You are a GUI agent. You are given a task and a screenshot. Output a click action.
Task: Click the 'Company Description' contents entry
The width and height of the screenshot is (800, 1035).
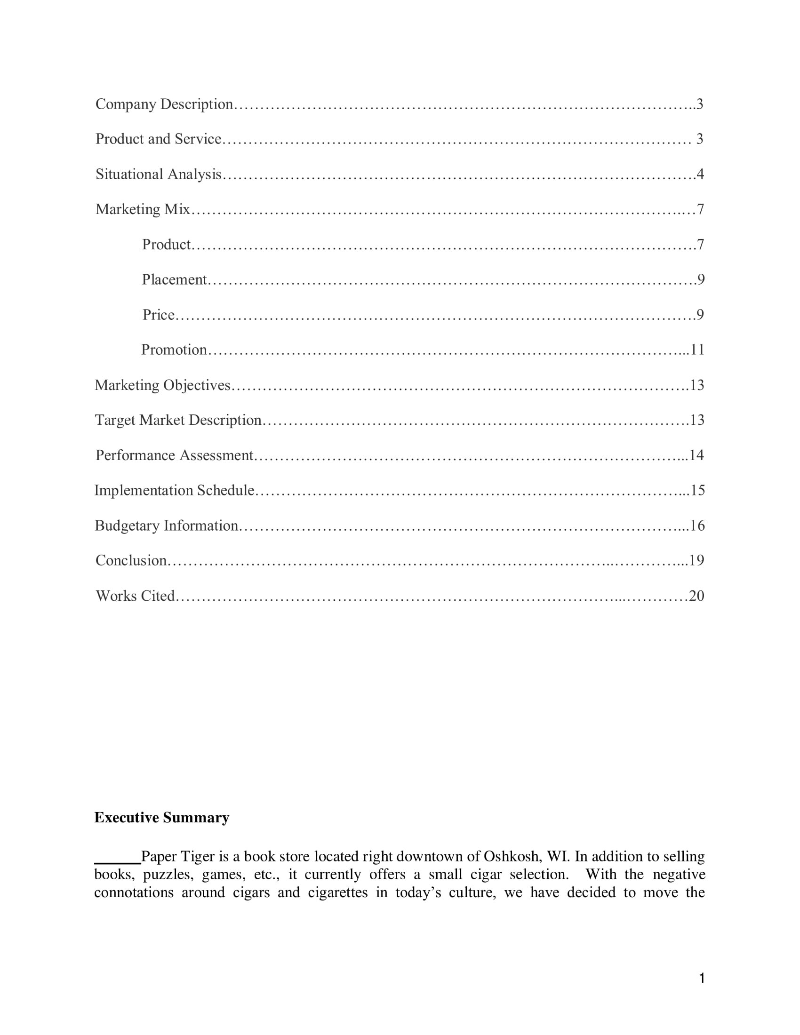pyautogui.click(x=164, y=104)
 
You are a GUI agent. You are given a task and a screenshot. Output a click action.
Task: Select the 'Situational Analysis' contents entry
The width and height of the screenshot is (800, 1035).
pyautogui.click(x=158, y=175)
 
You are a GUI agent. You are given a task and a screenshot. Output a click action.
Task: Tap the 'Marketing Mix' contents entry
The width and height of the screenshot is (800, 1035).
pyautogui.click(x=143, y=209)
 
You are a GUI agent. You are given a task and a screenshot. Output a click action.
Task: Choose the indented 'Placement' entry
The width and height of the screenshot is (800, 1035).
pyautogui.click(x=175, y=279)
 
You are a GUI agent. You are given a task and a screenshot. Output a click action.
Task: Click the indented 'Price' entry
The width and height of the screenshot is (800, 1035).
pyautogui.click(x=159, y=315)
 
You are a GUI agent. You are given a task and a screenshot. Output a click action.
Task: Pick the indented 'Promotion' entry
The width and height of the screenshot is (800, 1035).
pyautogui.click(x=174, y=350)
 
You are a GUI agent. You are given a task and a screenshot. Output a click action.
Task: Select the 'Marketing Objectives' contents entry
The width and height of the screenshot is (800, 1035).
pyautogui.click(x=162, y=385)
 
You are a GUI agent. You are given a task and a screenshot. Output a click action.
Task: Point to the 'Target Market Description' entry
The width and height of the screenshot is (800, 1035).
pyautogui.click(x=178, y=420)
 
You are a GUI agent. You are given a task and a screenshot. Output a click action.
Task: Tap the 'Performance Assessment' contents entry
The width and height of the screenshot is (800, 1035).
pyautogui.click(x=175, y=455)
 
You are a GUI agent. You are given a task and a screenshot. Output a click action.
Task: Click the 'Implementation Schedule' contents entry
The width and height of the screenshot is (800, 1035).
pyautogui.click(x=175, y=491)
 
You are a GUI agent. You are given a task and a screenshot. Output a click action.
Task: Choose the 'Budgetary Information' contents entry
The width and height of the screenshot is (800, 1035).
pyautogui.click(x=166, y=525)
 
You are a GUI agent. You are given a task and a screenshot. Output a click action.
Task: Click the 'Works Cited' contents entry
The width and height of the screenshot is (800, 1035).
pyautogui.click(x=136, y=596)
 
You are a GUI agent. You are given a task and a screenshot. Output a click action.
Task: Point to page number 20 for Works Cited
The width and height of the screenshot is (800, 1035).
pyautogui.click(x=696, y=596)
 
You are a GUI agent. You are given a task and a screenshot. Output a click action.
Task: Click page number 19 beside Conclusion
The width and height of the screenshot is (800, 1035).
pyautogui.click(x=696, y=561)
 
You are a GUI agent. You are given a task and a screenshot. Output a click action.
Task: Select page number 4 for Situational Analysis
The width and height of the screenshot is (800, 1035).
pyautogui.click(x=700, y=175)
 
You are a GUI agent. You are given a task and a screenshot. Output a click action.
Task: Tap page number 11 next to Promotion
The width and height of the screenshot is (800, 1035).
pyautogui.click(x=697, y=350)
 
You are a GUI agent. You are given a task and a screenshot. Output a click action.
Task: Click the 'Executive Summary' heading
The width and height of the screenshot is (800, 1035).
pyautogui.click(x=161, y=818)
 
